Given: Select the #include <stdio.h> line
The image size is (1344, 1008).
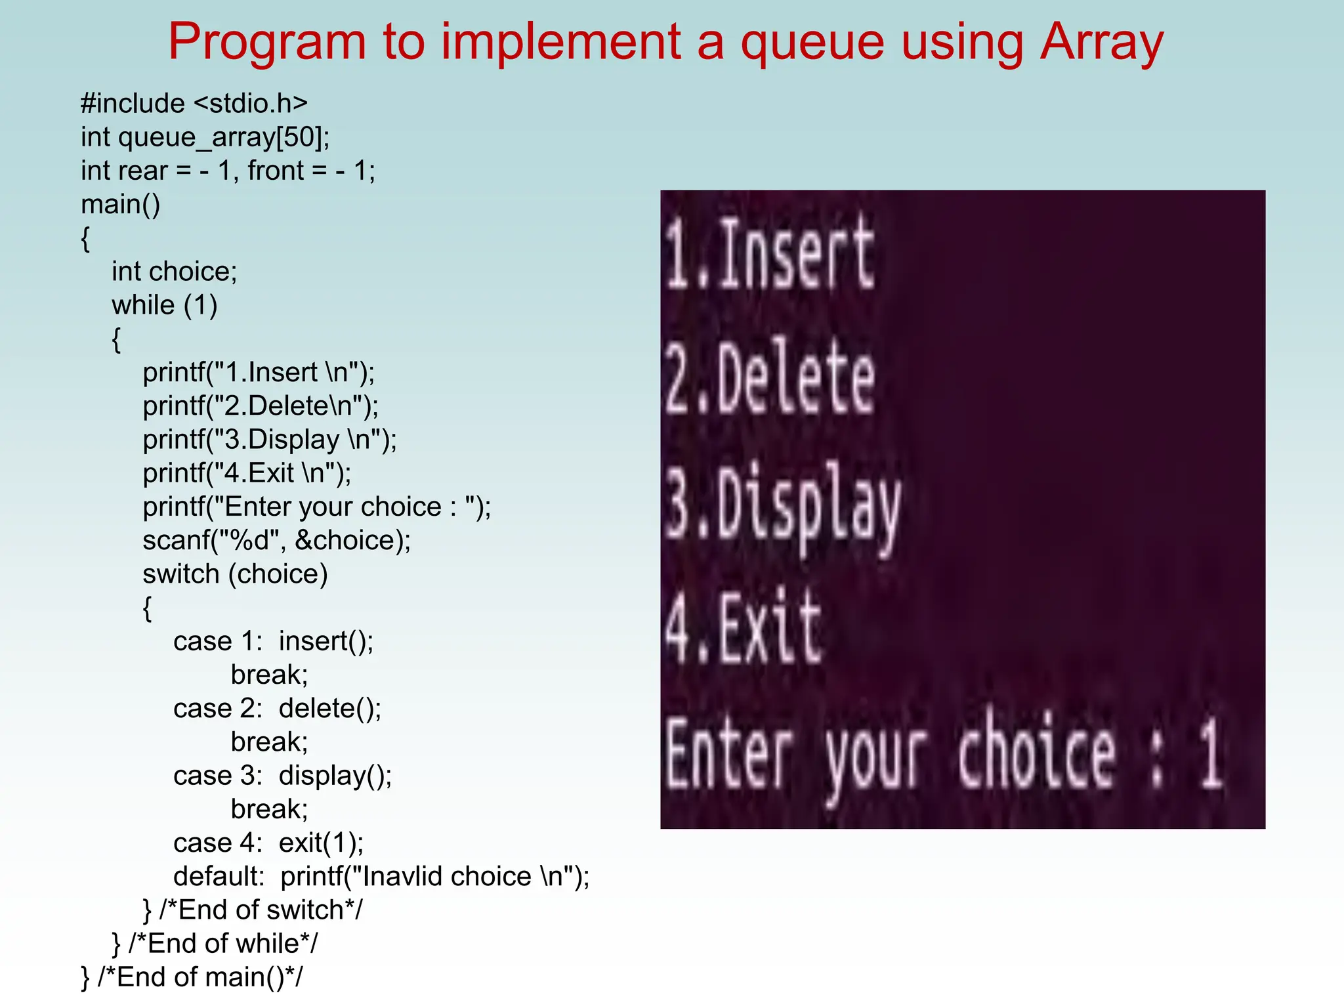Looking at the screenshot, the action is click(194, 104).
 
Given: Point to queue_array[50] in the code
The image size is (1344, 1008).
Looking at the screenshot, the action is click(223, 137).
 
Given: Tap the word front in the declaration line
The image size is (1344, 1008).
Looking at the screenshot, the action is click(276, 171).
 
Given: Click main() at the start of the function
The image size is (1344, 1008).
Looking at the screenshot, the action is click(120, 205).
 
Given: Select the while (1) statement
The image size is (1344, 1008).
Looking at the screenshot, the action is click(164, 305).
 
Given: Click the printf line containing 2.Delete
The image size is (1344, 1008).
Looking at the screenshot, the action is click(261, 406).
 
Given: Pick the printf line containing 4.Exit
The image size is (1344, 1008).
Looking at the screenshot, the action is click(247, 473).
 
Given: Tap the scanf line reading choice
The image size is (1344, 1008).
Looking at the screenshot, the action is click(276, 541).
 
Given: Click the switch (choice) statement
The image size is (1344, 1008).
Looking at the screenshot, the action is click(235, 574).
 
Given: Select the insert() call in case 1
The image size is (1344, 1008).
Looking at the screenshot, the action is click(325, 641).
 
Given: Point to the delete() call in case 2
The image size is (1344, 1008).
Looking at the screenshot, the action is click(329, 709).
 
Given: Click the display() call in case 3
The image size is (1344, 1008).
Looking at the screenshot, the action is click(335, 776).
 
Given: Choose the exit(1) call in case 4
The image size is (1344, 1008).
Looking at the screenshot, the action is click(321, 843).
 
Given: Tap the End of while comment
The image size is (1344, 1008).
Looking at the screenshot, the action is click(223, 944).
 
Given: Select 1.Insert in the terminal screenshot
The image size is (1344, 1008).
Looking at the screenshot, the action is click(770, 253).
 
